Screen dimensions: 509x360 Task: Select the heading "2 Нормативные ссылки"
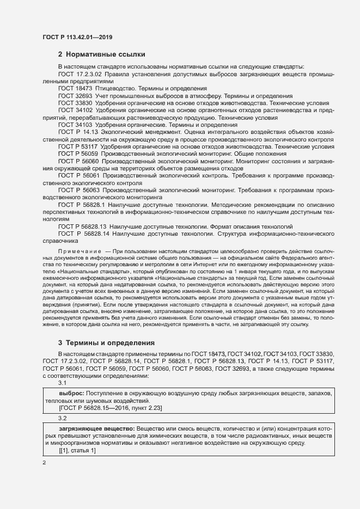[101, 54]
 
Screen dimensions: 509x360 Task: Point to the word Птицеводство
[118, 88]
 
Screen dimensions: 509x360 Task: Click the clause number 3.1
[63, 383]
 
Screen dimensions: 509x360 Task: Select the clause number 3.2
[63, 418]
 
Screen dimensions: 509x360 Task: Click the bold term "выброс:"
[71, 393]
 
